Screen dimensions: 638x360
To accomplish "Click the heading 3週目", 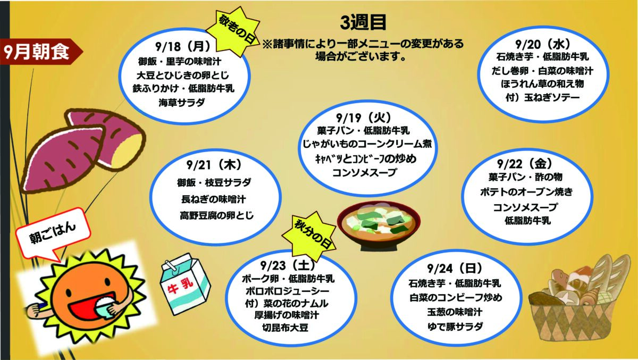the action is (363, 22).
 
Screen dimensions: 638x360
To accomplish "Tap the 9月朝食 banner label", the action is (37, 52).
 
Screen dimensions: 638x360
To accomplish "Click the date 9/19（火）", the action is (364, 117).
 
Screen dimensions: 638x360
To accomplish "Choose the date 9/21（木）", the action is (214, 165).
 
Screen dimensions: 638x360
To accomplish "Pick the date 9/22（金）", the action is (525, 163).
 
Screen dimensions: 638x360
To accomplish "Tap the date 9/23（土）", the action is (288, 265).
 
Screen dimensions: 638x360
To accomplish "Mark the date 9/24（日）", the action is (455, 268).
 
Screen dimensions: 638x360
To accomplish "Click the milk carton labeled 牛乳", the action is (185, 283).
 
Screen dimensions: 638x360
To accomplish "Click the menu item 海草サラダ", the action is (182, 103).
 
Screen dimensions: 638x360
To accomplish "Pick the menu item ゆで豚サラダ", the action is (455, 326).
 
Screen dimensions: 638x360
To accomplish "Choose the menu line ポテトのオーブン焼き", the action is (526, 191).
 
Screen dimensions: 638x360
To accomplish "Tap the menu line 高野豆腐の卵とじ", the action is (217, 215).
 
